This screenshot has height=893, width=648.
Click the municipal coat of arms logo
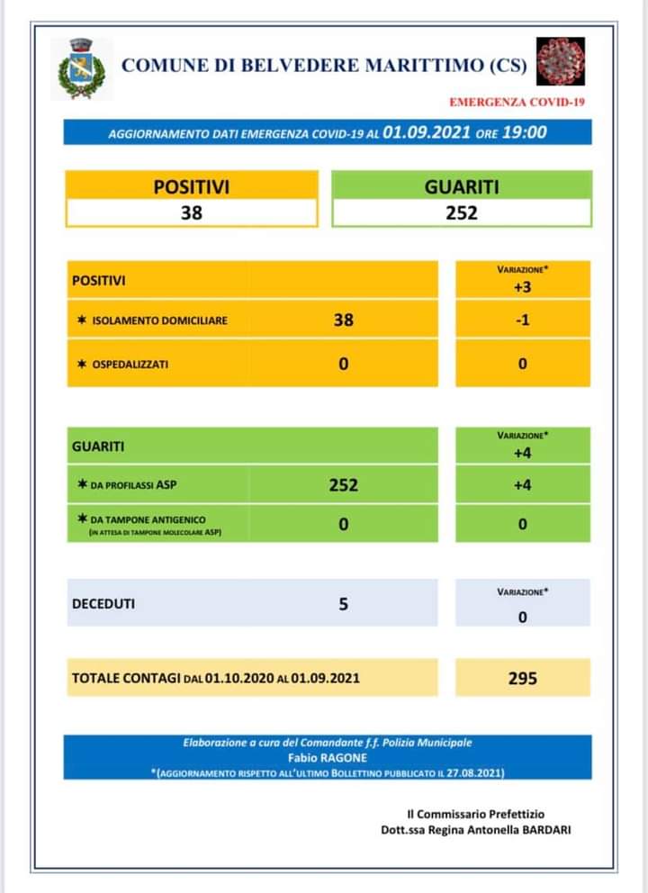pos(82,68)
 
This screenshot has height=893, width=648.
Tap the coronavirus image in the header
pos(561,61)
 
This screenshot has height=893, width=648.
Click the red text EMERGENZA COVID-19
pos(517,102)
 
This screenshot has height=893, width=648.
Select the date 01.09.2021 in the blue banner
pos(427,132)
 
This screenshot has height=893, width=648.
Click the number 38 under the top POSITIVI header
pos(191,212)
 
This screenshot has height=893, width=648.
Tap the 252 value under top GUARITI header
pos(462,212)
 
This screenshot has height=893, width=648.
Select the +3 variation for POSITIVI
pos(522,286)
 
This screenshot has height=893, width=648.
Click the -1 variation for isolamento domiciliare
pos(522,319)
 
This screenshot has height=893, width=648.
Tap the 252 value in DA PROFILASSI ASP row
pos(343,484)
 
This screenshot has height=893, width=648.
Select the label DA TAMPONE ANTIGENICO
pos(148,519)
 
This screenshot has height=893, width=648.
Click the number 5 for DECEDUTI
pos(343,604)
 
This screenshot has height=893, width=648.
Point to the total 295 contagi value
pos(522,678)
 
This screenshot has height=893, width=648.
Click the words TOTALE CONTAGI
pos(125,678)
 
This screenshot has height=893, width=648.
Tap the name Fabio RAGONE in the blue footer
pos(328,757)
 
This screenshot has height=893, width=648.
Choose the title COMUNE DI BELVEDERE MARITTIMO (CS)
pos(324,65)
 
